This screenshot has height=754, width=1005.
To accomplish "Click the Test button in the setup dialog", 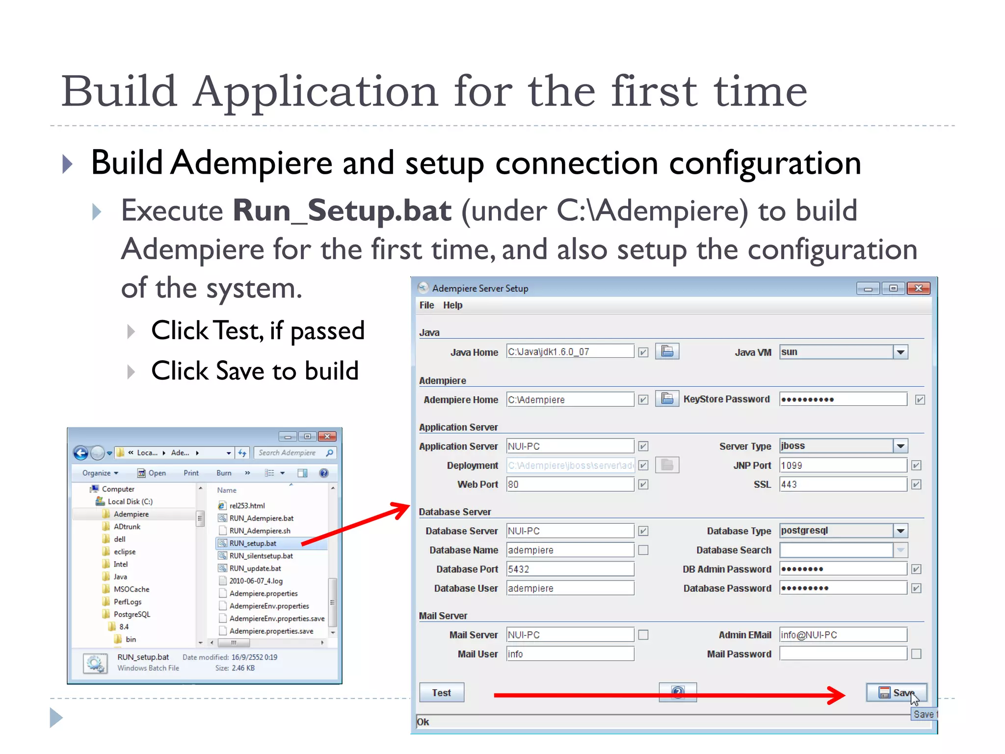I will click(x=441, y=693).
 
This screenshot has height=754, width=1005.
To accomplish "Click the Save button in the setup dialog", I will click(x=896, y=693).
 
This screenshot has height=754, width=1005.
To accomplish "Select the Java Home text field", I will click(x=570, y=351).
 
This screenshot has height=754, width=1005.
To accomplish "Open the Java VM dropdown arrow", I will click(x=900, y=352).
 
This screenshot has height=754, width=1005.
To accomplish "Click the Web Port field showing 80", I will click(x=570, y=485).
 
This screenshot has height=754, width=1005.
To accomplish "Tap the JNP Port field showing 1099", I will click(x=843, y=465).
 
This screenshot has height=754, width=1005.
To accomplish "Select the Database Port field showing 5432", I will click(x=570, y=569).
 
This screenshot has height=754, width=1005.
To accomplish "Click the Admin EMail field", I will click(x=843, y=635).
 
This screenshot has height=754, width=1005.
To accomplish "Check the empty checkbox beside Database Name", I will click(x=643, y=550).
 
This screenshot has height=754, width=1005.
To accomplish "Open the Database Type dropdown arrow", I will click(x=900, y=531).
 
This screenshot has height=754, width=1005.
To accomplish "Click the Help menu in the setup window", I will click(x=452, y=305).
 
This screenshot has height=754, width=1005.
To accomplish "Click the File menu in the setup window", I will click(x=426, y=305).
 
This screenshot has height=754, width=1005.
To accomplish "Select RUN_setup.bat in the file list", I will click(x=253, y=543).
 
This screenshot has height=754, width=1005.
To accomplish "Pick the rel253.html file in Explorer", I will click(x=247, y=506).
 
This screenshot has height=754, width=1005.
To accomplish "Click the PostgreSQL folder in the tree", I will click(x=132, y=614).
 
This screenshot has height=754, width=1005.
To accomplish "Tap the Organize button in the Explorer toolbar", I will click(x=100, y=473).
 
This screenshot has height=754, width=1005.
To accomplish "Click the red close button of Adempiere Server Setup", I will click(x=918, y=288).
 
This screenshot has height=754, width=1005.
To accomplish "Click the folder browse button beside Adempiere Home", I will click(x=667, y=399).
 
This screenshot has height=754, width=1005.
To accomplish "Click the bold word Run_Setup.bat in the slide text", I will click(x=342, y=211).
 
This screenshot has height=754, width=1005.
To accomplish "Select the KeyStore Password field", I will click(x=843, y=399).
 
